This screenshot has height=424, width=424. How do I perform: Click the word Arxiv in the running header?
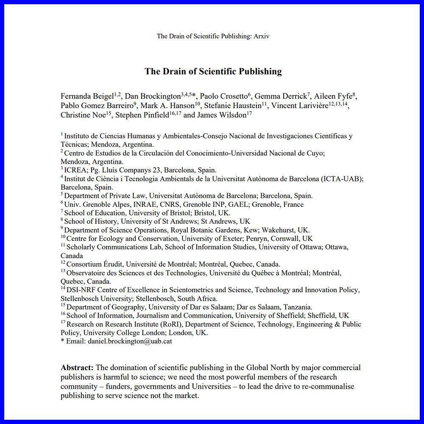[x=261, y=36]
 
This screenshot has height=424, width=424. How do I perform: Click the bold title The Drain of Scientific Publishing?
[x=213, y=71]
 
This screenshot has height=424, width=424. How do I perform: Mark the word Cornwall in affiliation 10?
[x=287, y=238]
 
